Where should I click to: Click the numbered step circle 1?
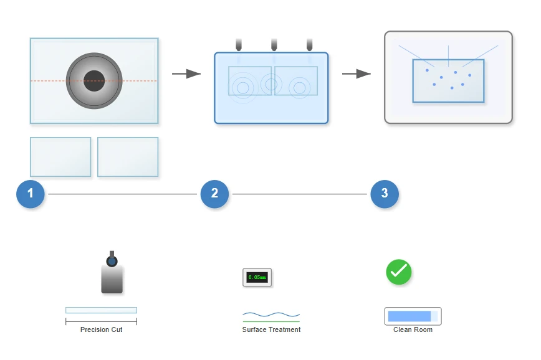pos(31,194)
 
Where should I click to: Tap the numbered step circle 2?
pos(214,194)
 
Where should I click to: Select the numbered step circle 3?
pos(385,194)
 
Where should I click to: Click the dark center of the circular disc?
pos(94,81)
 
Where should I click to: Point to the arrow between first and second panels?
pos(186,73)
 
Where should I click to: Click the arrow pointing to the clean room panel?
pos(357,73)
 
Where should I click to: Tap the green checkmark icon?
pos(399,272)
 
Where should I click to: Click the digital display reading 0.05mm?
pos(257,277)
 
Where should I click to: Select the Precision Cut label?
pos(101,329)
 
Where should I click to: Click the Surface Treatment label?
pos(271,329)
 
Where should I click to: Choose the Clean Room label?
pos(413,329)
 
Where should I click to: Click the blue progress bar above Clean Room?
pos(409,316)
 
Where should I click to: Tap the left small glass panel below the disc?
pos(60,157)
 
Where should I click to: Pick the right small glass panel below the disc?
pos(128,157)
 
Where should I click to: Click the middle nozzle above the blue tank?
pos(274,44)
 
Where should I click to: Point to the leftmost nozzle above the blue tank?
pos(239,44)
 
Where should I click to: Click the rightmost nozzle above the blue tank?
pos(310,44)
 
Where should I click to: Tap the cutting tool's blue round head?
pos(112,262)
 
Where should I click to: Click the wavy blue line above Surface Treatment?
pos(271,314)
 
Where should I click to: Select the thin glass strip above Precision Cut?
pos(101,310)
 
